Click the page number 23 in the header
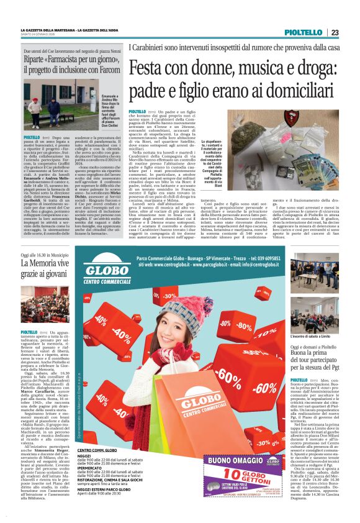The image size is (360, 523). coord(335,32)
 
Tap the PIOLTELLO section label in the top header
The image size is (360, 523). coord(303,33)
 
